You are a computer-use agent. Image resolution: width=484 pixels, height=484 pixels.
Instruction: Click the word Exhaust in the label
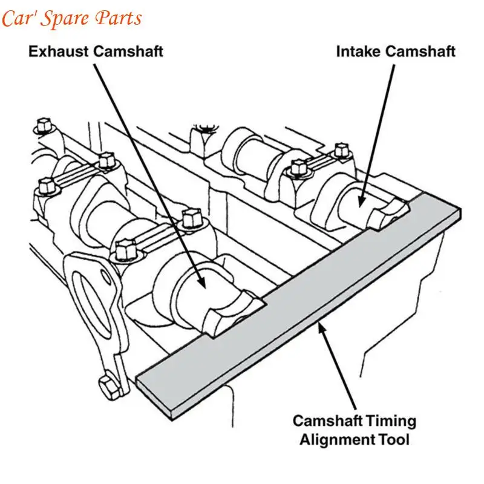coord(58,51)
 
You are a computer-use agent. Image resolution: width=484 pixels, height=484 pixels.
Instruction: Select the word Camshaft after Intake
coord(420,51)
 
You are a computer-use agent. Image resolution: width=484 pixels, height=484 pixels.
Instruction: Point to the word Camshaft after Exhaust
coord(128,51)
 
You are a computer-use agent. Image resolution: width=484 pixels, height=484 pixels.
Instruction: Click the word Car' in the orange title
coord(21,18)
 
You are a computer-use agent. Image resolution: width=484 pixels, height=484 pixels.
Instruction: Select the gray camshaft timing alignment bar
coord(302,302)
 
